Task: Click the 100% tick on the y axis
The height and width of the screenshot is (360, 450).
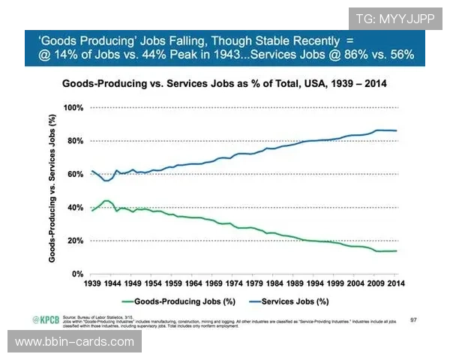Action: pos(71,107)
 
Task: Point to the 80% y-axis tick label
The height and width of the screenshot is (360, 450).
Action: pos(73,141)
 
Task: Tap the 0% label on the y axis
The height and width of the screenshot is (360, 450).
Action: pos(76,274)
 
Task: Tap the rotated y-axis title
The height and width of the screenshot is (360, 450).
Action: pos(52,189)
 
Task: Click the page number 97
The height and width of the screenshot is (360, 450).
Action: pos(413,319)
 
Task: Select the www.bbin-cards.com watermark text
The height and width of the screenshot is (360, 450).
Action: pos(74,342)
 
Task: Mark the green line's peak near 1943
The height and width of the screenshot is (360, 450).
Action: pos(107,200)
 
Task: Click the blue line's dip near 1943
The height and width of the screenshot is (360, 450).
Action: pos(107,181)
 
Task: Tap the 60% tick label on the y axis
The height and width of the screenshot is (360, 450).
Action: pos(73,174)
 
